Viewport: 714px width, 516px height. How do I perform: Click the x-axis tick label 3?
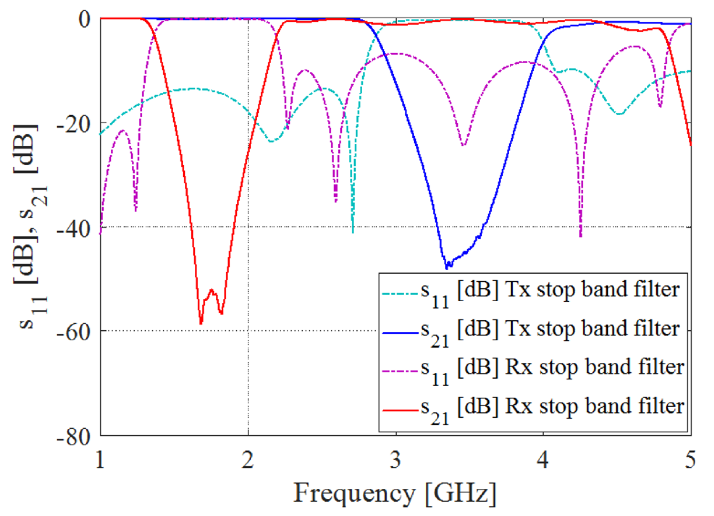tap(396, 460)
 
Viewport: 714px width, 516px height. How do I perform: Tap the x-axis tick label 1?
tap(100, 460)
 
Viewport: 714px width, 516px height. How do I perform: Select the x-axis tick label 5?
tap(690, 460)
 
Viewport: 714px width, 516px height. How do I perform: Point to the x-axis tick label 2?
tap(248, 460)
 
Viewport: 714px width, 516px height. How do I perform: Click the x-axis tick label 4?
tap(543, 460)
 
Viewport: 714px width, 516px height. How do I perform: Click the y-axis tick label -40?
tap(74, 228)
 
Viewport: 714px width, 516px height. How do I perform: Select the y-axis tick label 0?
tap(84, 19)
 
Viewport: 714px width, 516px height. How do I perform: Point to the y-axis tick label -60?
tap(74, 332)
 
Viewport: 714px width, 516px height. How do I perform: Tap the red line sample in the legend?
tap(401, 410)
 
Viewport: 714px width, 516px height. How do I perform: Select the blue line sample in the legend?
tap(401, 333)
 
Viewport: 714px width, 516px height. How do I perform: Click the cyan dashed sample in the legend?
tap(401, 294)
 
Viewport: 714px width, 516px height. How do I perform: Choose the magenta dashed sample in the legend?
tap(401, 371)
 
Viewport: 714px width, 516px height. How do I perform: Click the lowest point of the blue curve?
tap(447, 268)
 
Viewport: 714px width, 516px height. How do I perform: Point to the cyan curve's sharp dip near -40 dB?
tap(353, 232)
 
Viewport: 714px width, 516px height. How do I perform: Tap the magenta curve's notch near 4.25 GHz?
tap(581, 236)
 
